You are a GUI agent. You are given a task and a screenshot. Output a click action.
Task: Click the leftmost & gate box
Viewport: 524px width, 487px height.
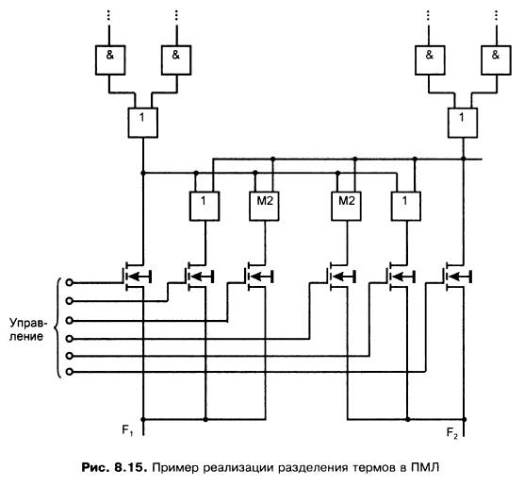click(110, 59)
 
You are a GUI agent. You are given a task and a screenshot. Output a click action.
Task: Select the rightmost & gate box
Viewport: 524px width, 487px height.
click(496, 59)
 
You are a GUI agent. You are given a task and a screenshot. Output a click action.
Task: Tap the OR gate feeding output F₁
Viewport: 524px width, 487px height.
click(143, 123)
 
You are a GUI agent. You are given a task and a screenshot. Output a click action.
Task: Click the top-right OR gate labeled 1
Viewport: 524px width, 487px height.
click(463, 123)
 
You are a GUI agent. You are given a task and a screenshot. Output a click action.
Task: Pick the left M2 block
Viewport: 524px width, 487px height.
click(264, 206)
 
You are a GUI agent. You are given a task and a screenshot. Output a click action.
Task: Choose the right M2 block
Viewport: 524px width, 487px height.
click(346, 206)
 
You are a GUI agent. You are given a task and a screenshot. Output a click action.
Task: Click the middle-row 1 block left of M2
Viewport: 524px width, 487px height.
click(205, 206)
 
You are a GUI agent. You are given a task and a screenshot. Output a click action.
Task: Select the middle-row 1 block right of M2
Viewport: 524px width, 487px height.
click(406, 206)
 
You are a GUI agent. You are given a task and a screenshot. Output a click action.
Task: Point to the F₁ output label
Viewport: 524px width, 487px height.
click(128, 429)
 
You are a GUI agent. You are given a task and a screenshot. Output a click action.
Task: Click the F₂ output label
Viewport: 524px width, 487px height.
click(452, 433)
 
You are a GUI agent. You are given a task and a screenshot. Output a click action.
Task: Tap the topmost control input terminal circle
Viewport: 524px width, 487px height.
click(69, 282)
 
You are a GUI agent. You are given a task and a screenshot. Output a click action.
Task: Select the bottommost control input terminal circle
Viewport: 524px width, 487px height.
click(69, 372)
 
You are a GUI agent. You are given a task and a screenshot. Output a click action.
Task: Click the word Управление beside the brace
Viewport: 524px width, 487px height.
click(28, 329)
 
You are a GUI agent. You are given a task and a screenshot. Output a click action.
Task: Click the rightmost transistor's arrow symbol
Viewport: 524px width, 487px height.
click(460, 277)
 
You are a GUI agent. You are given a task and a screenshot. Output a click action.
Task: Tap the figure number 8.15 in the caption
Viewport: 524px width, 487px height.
click(130, 467)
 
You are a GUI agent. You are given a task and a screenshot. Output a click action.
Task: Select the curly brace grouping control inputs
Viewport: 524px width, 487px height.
click(57, 328)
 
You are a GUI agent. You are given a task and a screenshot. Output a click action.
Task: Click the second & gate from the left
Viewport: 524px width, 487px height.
click(176, 59)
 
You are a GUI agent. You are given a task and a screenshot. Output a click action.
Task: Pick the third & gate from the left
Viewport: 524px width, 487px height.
click(430, 59)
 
